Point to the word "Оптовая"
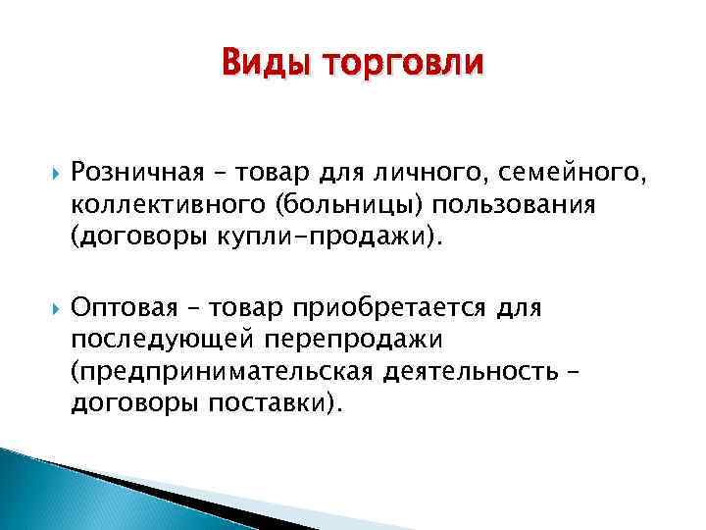coord(126,309)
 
